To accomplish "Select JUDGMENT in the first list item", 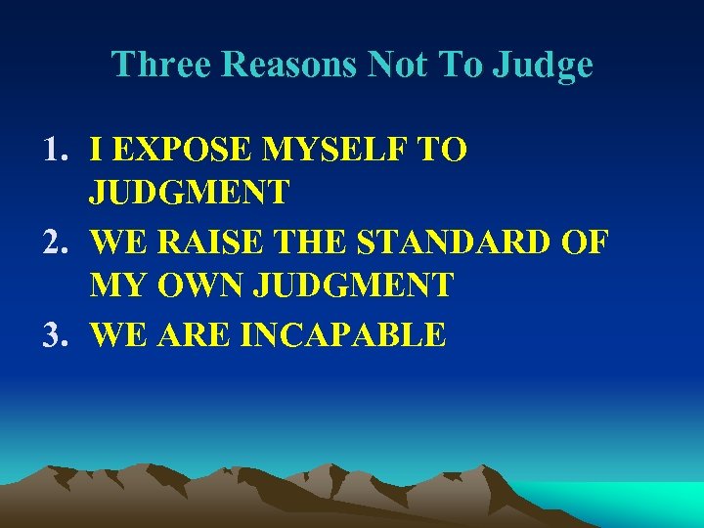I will (189, 193).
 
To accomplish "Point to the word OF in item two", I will (585, 242).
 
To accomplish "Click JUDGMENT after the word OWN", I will (353, 286).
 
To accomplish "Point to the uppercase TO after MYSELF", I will (442, 150).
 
